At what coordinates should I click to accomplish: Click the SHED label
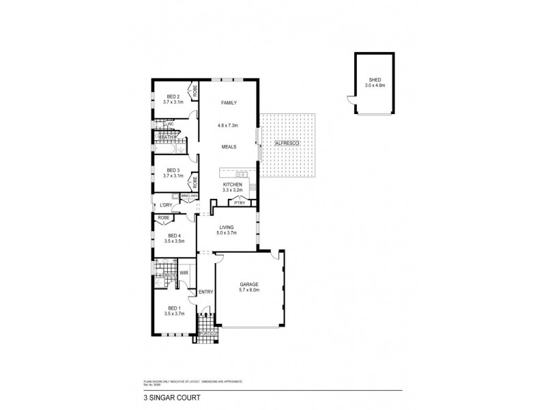[374, 79]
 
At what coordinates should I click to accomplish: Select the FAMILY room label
[228, 102]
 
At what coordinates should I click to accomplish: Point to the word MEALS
[228, 147]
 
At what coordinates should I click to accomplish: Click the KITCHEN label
[233, 185]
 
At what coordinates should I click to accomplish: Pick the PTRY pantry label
[239, 202]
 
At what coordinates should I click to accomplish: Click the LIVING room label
[227, 227]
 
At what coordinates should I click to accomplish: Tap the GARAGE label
[249, 284]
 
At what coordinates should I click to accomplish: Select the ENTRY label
[205, 292]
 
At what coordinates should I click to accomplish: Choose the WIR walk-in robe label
[184, 273]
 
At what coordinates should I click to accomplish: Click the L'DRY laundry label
[166, 205]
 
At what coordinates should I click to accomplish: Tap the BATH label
[166, 137]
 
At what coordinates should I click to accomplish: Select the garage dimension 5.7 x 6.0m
[249, 290]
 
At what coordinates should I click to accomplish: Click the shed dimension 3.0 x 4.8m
[374, 85]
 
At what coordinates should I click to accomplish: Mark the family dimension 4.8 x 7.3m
[228, 125]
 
